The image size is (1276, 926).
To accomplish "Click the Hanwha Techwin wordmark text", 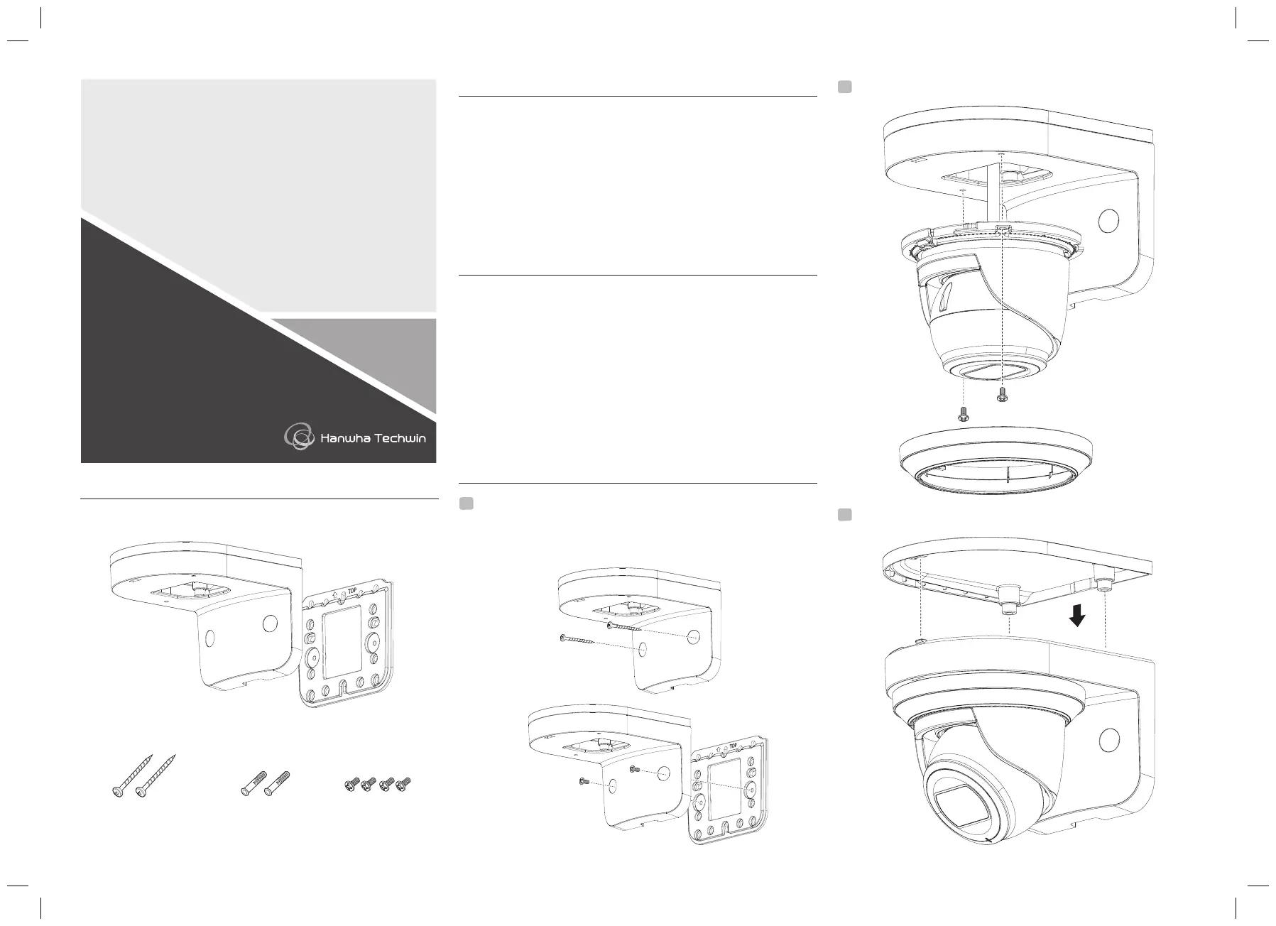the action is tap(373, 438).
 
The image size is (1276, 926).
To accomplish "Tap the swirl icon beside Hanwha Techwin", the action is tap(299, 436).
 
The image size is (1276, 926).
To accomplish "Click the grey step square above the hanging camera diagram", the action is tap(844, 87).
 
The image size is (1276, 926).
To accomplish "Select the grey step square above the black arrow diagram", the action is tap(844, 514).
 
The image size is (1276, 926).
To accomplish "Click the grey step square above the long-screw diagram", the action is tap(466, 503).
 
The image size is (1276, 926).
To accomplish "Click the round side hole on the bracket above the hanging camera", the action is tap(1108, 222).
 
